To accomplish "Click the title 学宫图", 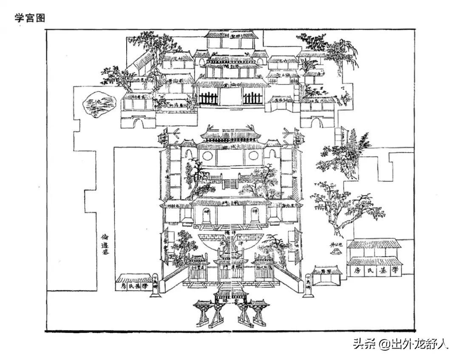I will [x=30, y=18].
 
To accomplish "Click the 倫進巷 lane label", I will [x=105, y=244].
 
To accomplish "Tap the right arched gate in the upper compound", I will [x=317, y=123].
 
